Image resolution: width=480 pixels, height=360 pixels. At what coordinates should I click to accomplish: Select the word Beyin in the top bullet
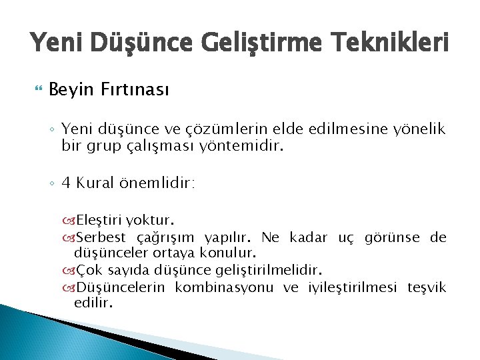71,89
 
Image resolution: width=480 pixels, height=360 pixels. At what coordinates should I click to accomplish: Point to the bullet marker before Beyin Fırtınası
35,89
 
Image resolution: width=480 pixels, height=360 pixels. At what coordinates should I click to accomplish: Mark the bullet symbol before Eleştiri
70,221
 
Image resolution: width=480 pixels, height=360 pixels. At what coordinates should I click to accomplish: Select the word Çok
89,271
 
